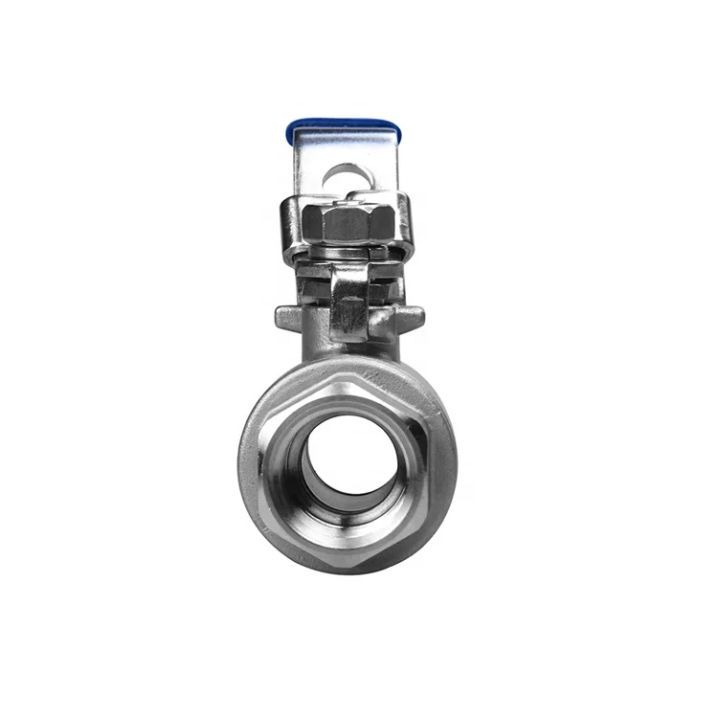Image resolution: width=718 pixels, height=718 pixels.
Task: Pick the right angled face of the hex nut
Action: click(384, 223)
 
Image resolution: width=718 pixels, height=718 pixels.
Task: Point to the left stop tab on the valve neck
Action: click(289, 317)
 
